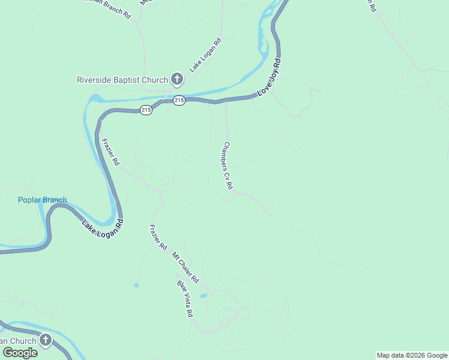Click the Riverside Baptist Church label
122,79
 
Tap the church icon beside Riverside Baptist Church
177,79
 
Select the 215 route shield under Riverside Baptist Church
179,101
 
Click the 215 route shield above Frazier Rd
146,110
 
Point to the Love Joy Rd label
269,78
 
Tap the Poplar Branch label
42,200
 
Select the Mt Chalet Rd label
185,268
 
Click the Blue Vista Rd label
185,298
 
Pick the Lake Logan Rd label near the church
205,55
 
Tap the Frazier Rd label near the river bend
111,153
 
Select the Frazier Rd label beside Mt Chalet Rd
157,237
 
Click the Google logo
19,353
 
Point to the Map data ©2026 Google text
412,355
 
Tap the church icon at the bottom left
45,341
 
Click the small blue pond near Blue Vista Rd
203,296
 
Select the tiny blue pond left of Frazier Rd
136,284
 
